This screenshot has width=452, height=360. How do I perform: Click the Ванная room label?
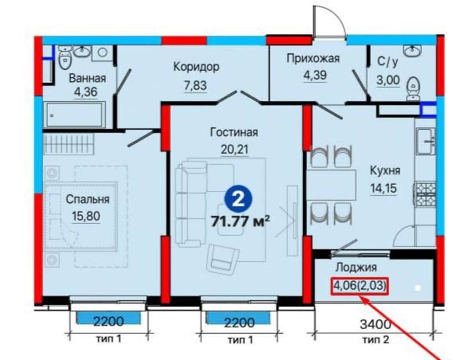[88, 78]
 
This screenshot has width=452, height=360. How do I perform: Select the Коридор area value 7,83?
[195, 85]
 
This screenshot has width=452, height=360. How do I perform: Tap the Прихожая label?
[313, 58]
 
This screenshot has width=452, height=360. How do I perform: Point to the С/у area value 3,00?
[388, 80]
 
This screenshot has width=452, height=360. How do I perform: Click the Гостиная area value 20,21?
[234, 149]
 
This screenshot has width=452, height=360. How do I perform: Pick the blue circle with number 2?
[238, 200]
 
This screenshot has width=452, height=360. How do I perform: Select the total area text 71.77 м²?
[241, 221]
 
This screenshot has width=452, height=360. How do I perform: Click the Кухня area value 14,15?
[383, 188]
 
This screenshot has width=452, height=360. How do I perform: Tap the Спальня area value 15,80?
[86, 216]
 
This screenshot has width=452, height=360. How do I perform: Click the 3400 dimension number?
[375, 324]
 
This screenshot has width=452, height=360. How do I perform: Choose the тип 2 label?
[375, 340]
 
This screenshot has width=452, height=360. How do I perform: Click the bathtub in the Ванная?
[74, 115]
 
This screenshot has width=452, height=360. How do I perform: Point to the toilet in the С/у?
[414, 88]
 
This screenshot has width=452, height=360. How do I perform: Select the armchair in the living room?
[223, 258]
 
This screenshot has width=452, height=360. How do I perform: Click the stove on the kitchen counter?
[425, 194]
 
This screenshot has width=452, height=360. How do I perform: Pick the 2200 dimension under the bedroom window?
[108, 322]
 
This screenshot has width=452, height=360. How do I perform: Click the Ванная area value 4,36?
[85, 92]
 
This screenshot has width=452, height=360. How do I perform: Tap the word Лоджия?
[356, 268]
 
